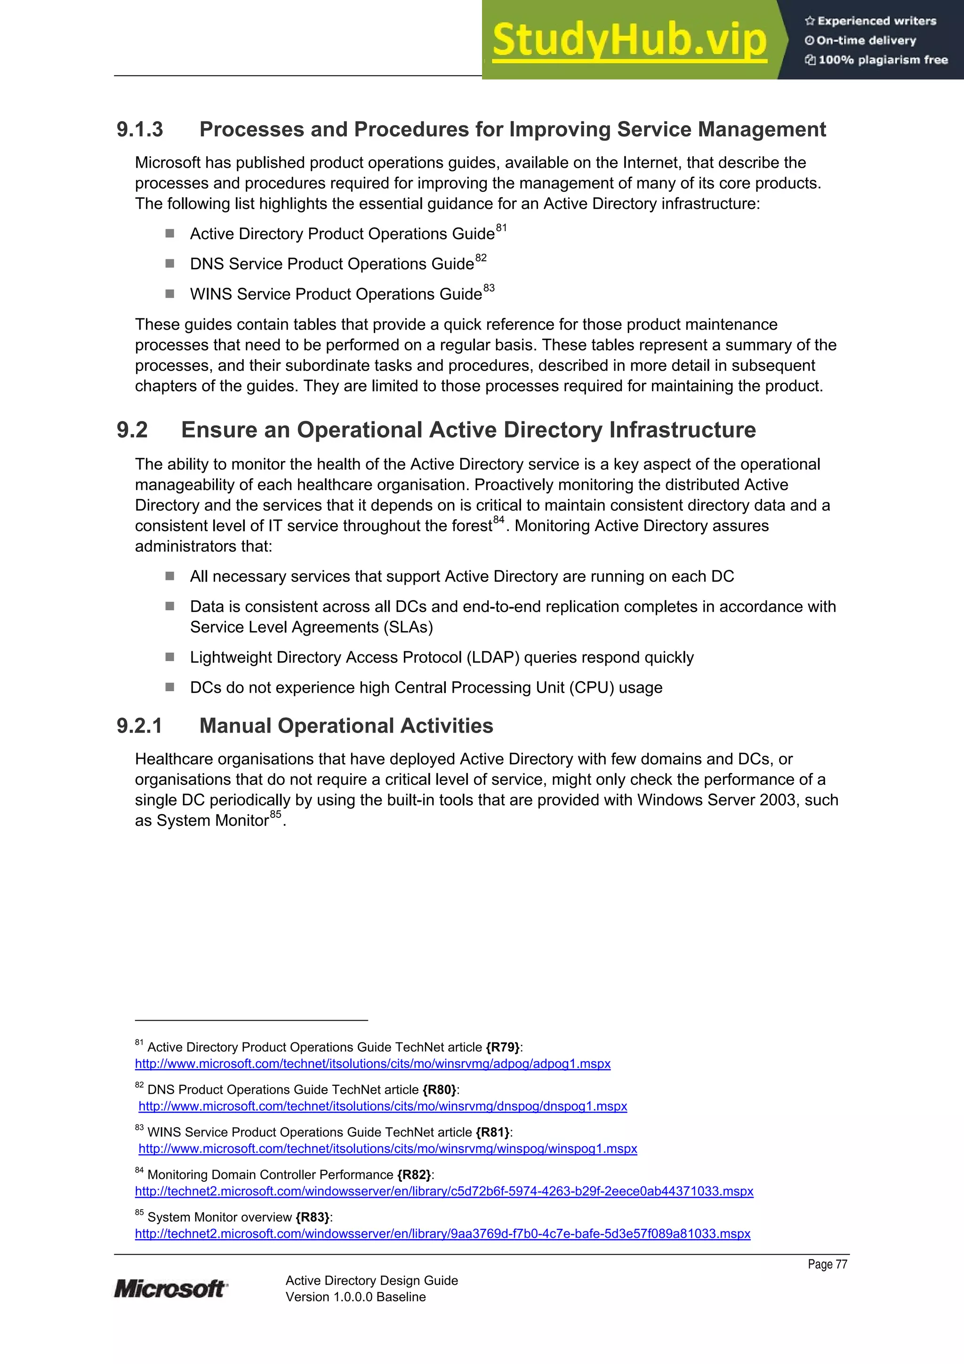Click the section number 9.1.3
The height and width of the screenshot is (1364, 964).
140,129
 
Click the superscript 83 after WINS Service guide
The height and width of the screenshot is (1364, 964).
489,288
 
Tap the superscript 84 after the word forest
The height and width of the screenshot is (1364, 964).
498,520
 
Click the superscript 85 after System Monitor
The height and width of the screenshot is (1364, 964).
276,815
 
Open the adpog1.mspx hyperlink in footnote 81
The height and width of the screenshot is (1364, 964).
372,1064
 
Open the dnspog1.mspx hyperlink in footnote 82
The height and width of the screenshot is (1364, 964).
383,1106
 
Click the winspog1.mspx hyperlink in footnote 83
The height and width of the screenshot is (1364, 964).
387,1149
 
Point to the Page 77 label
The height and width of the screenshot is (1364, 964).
827,1264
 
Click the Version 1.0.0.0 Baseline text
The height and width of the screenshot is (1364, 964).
355,1297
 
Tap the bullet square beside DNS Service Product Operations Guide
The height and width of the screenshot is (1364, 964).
170,263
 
